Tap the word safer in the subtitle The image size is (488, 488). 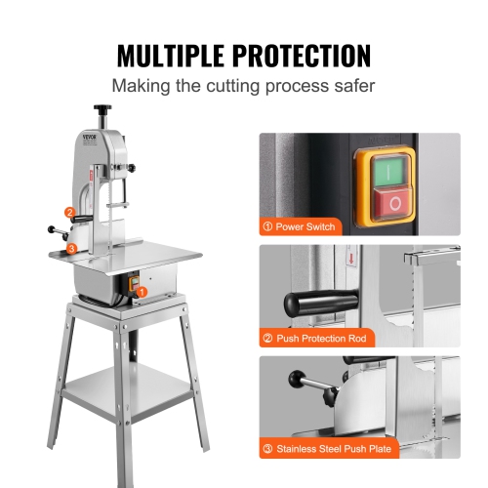[350, 86]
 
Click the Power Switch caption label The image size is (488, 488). [301, 226]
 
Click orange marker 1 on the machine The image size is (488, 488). [142, 291]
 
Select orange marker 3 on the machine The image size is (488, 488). [71, 249]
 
